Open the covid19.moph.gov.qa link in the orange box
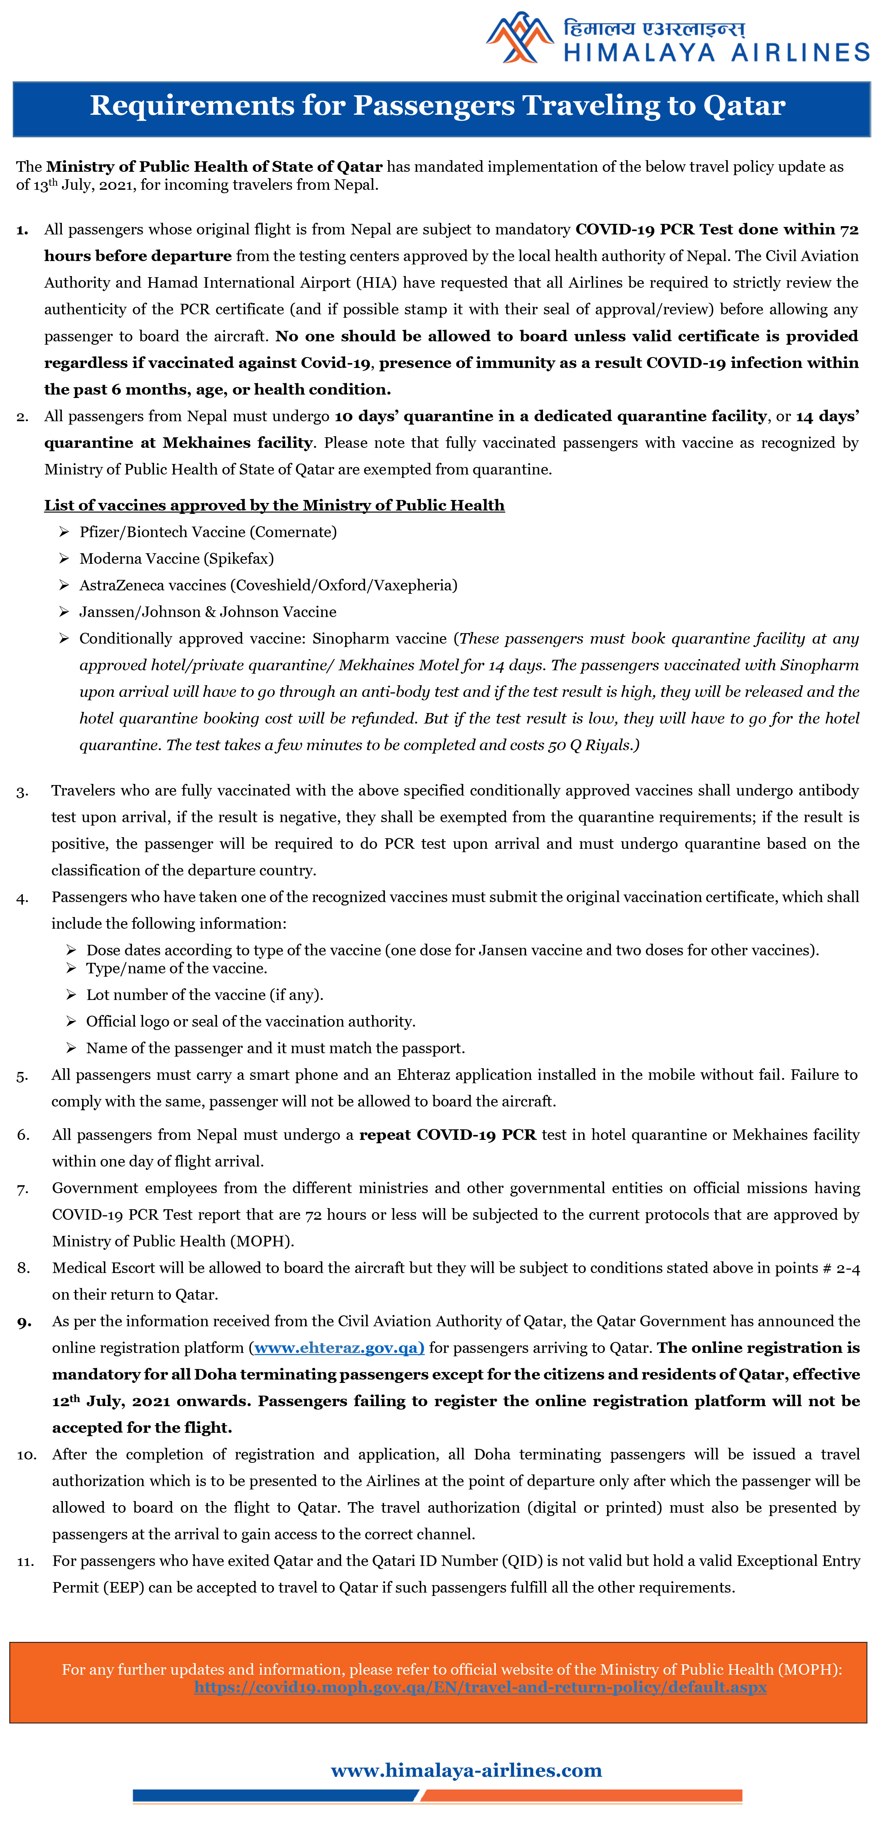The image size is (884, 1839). [480, 1687]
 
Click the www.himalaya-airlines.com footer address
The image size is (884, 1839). [466, 1770]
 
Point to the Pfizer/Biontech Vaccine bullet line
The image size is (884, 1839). [208, 532]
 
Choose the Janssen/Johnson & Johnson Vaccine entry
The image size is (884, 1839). [208, 612]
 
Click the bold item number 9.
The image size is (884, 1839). [24, 1322]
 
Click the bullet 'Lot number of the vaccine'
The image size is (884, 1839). [204, 995]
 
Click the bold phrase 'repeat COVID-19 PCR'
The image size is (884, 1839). [447, 1135]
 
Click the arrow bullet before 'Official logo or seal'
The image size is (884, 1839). [71, 1022]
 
